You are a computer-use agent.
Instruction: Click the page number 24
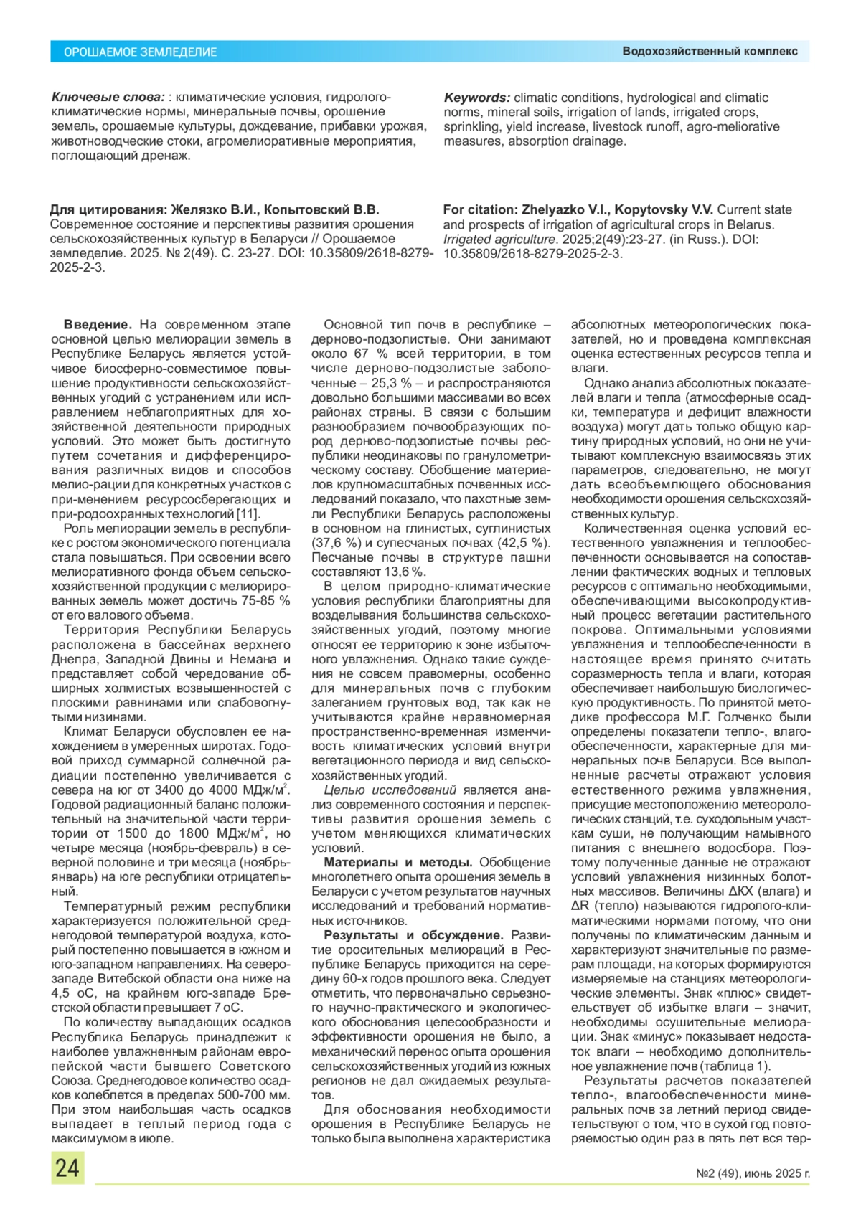click(67, 1168)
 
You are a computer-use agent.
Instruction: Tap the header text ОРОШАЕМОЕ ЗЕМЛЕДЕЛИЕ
click(141, 52)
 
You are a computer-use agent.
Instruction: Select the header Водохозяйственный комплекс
click(710, 52)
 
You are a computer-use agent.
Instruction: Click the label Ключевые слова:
click(108, 97)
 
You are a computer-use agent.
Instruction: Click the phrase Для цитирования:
click(108, 209)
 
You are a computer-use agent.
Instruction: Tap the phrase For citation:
click(480, 209)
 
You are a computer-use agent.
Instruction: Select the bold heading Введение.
click(98, 325)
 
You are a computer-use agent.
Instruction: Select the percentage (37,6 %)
click(335, 543)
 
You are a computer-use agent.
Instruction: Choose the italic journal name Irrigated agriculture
click(499, 239)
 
